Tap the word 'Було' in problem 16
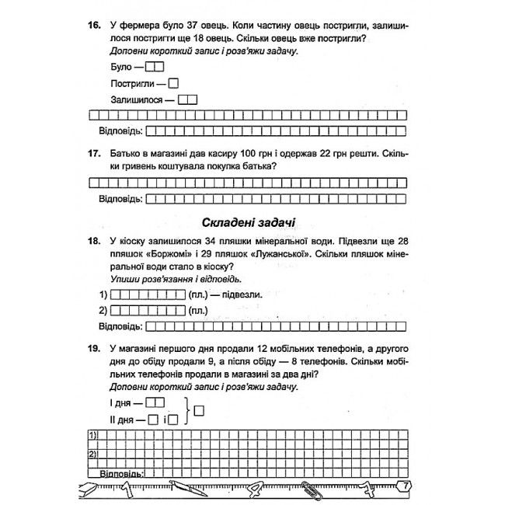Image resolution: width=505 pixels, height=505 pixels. pyautogui.click(x=122, y=67)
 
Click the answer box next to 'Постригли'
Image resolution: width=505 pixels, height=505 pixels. pyautogui.click(x=174, y=83)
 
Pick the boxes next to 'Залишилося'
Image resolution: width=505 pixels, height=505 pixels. pyautogui.click(x=187, y=99)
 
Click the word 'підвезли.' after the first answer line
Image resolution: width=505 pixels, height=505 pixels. pyautogui.click(x=242, y=294)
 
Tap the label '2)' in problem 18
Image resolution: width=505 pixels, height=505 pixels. pyautogui.click(x=103, y=311)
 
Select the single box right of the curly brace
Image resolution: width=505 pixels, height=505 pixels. pyautogui.click(x=199, y=410)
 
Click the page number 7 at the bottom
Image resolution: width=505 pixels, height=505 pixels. pyautogui.click(x=404, y=486)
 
